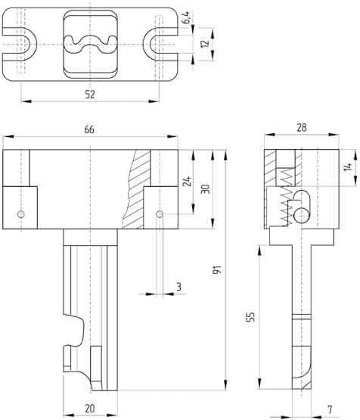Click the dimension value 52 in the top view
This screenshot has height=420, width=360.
pyautogui.click(x=90, y=94)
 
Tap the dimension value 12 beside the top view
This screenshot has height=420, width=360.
pyautogui.click(x=201, y=45)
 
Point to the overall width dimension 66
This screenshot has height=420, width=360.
pyautogui.click(x=89, y=130)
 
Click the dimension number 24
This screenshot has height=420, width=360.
pyautogui.click(x=186, y=182)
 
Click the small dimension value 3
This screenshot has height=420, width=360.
pyautogui.click(x=178, y=287)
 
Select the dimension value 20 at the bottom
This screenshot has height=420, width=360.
pyautogui.click(x=90, y=409)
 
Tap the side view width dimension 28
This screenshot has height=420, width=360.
pyautogui.click(x=301, y=129)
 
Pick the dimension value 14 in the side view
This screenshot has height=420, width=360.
pyautogui.click(x=347, y=167)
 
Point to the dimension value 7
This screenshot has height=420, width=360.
pyautogui.click(x=329, y=409)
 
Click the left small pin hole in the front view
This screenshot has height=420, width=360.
pyautogui.click(x=22, y=214)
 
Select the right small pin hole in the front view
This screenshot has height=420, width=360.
pyautogui.click(x=160, y=214)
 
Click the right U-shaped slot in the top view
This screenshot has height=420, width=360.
pyautogui.click(x=160, y=45)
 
